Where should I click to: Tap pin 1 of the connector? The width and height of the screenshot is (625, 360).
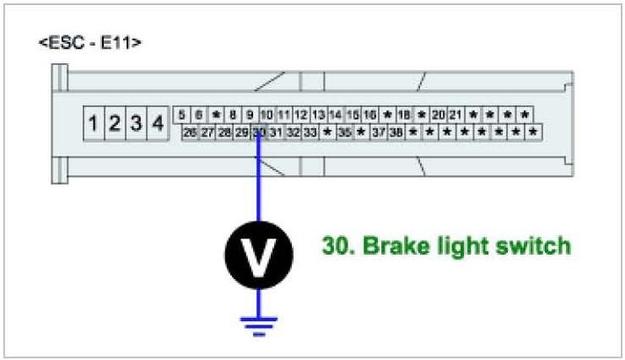(94, 124)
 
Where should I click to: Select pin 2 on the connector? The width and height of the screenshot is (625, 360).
(116, 124)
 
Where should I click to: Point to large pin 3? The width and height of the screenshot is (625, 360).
(136, 124)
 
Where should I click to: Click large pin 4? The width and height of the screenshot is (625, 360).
(157, 124)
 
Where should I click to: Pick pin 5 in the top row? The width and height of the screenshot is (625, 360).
(182, 115)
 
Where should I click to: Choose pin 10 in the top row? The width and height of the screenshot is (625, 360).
(267, 115)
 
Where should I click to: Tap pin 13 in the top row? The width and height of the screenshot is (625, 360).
(318, 115)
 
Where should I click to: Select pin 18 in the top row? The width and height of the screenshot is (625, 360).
(404, 115)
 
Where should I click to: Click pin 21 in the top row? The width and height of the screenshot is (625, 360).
(455, 115)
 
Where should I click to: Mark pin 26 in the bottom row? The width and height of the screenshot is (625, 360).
(190, 132)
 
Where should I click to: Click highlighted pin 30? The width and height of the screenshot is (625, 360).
(259, 132)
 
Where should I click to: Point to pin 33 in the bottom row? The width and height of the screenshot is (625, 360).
(310, 132)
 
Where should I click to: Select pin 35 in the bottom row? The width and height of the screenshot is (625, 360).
(344, 132)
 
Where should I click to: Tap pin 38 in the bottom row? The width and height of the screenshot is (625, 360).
(396, 132)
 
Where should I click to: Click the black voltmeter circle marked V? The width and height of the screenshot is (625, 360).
(258, 250)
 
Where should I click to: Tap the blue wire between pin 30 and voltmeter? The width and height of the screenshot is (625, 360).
(258, 185)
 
